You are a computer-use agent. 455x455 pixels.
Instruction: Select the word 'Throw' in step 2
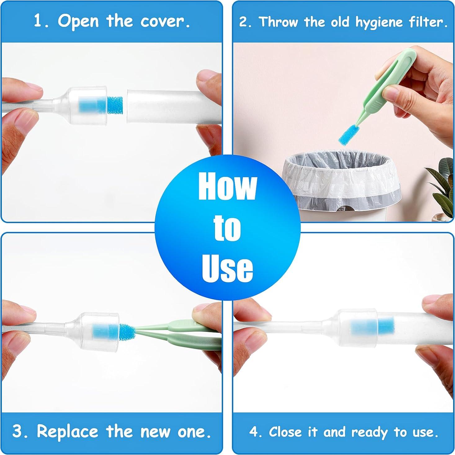[x=278, y=22]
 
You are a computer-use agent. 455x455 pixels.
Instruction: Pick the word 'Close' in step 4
[x=285, y=432]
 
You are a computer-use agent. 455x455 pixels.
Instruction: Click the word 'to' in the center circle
[x=227, y=228]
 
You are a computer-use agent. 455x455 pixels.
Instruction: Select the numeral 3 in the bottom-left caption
[x=18, y=431]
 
